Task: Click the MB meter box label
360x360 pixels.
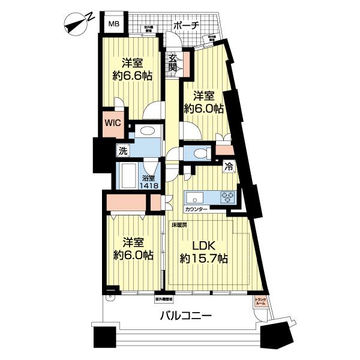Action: (113, 25)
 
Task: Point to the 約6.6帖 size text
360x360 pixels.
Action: (133, 76)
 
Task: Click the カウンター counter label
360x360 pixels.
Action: (196, 209)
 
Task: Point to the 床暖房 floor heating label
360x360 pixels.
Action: (179, 225)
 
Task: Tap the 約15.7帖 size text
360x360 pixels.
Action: (204, 259)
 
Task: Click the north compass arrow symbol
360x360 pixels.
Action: (77, 23)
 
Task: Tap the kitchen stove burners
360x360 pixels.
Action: (228, 196)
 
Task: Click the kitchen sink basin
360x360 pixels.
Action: (195, 196)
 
